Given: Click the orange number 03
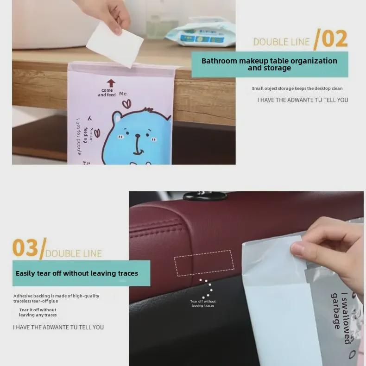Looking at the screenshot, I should pos(25,248).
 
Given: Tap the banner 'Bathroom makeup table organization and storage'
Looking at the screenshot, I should pos(269,64).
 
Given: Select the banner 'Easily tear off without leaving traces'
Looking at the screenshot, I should pos(77,273).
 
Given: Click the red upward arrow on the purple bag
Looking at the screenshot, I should pos(111,83).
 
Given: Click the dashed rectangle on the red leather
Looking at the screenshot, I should pos(204,263).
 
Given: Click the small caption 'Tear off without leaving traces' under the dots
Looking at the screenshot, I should pos(203,303).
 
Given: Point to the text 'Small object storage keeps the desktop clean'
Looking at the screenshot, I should pos(297,88).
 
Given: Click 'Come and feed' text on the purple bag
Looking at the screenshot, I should pos(107,93).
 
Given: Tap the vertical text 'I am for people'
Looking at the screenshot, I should pos(79,136).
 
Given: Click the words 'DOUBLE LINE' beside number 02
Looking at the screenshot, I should pos(281,42).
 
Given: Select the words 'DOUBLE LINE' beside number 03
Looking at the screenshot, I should pos(74,253).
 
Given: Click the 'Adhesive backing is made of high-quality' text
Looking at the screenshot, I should pos(56,296).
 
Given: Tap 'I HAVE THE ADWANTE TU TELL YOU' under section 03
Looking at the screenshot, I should pos(58,327).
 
